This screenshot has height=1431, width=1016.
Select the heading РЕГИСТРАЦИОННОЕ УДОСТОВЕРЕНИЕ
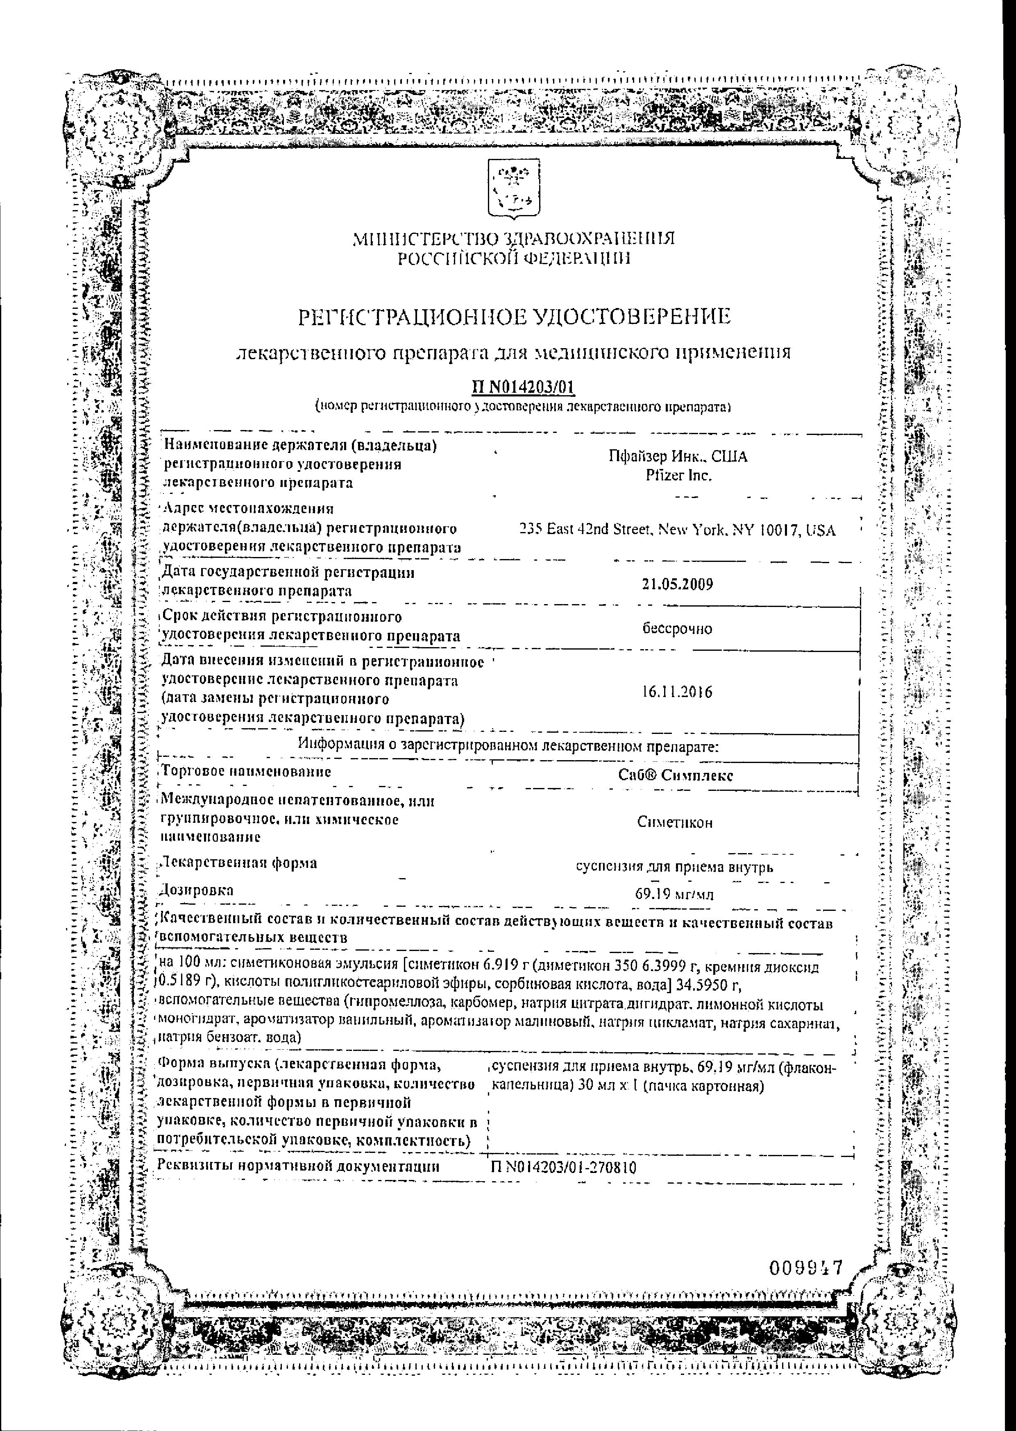click(x=514, y=318)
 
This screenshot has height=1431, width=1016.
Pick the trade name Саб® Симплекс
click(x=676, y=775)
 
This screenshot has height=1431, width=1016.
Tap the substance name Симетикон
click(x=675, y=822)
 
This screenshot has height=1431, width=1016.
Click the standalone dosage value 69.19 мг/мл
click(x=674, y=895)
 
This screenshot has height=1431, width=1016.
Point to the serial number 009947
click(x=806, y=1250)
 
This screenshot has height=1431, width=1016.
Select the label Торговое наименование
click(x=246, y=771)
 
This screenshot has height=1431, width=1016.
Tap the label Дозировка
click(x=197, y=890)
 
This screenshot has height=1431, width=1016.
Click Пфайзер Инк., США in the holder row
click(x=678, y=457)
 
